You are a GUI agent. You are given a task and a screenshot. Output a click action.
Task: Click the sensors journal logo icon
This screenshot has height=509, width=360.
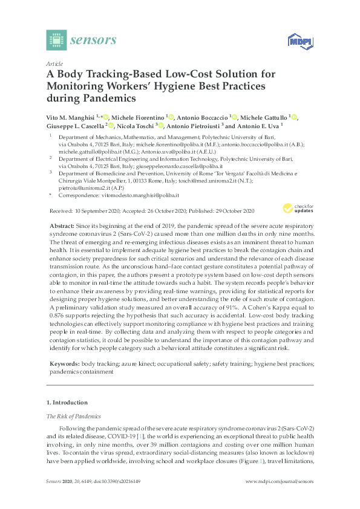pos(56,40)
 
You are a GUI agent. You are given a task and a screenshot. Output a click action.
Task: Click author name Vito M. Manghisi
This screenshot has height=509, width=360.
pos(73,117)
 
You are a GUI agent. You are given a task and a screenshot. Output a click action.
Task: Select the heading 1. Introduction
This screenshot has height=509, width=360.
pos(67,403)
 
